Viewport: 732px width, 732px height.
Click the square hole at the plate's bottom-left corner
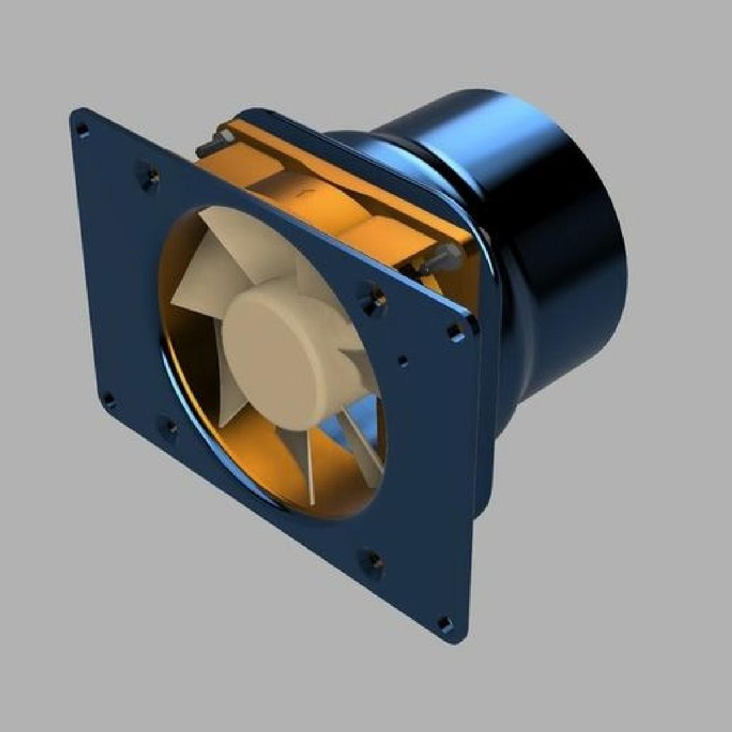tap(109, 400)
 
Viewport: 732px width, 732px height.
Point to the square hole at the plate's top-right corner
tap(454, 332)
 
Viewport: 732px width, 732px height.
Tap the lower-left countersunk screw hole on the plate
tap(169, 425)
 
